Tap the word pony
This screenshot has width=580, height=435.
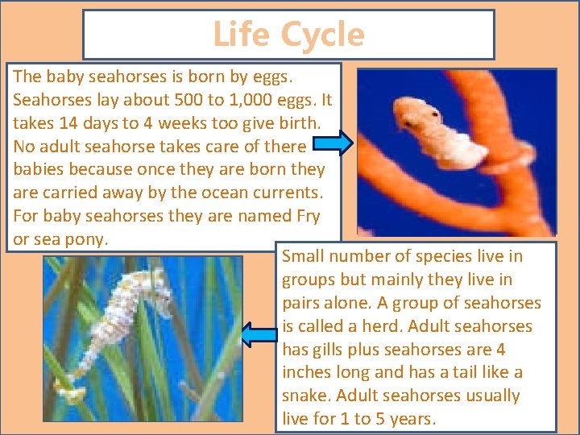[87, 239]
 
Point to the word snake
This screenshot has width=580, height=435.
[307, 396]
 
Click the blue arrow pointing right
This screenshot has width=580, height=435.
[330, 145]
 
